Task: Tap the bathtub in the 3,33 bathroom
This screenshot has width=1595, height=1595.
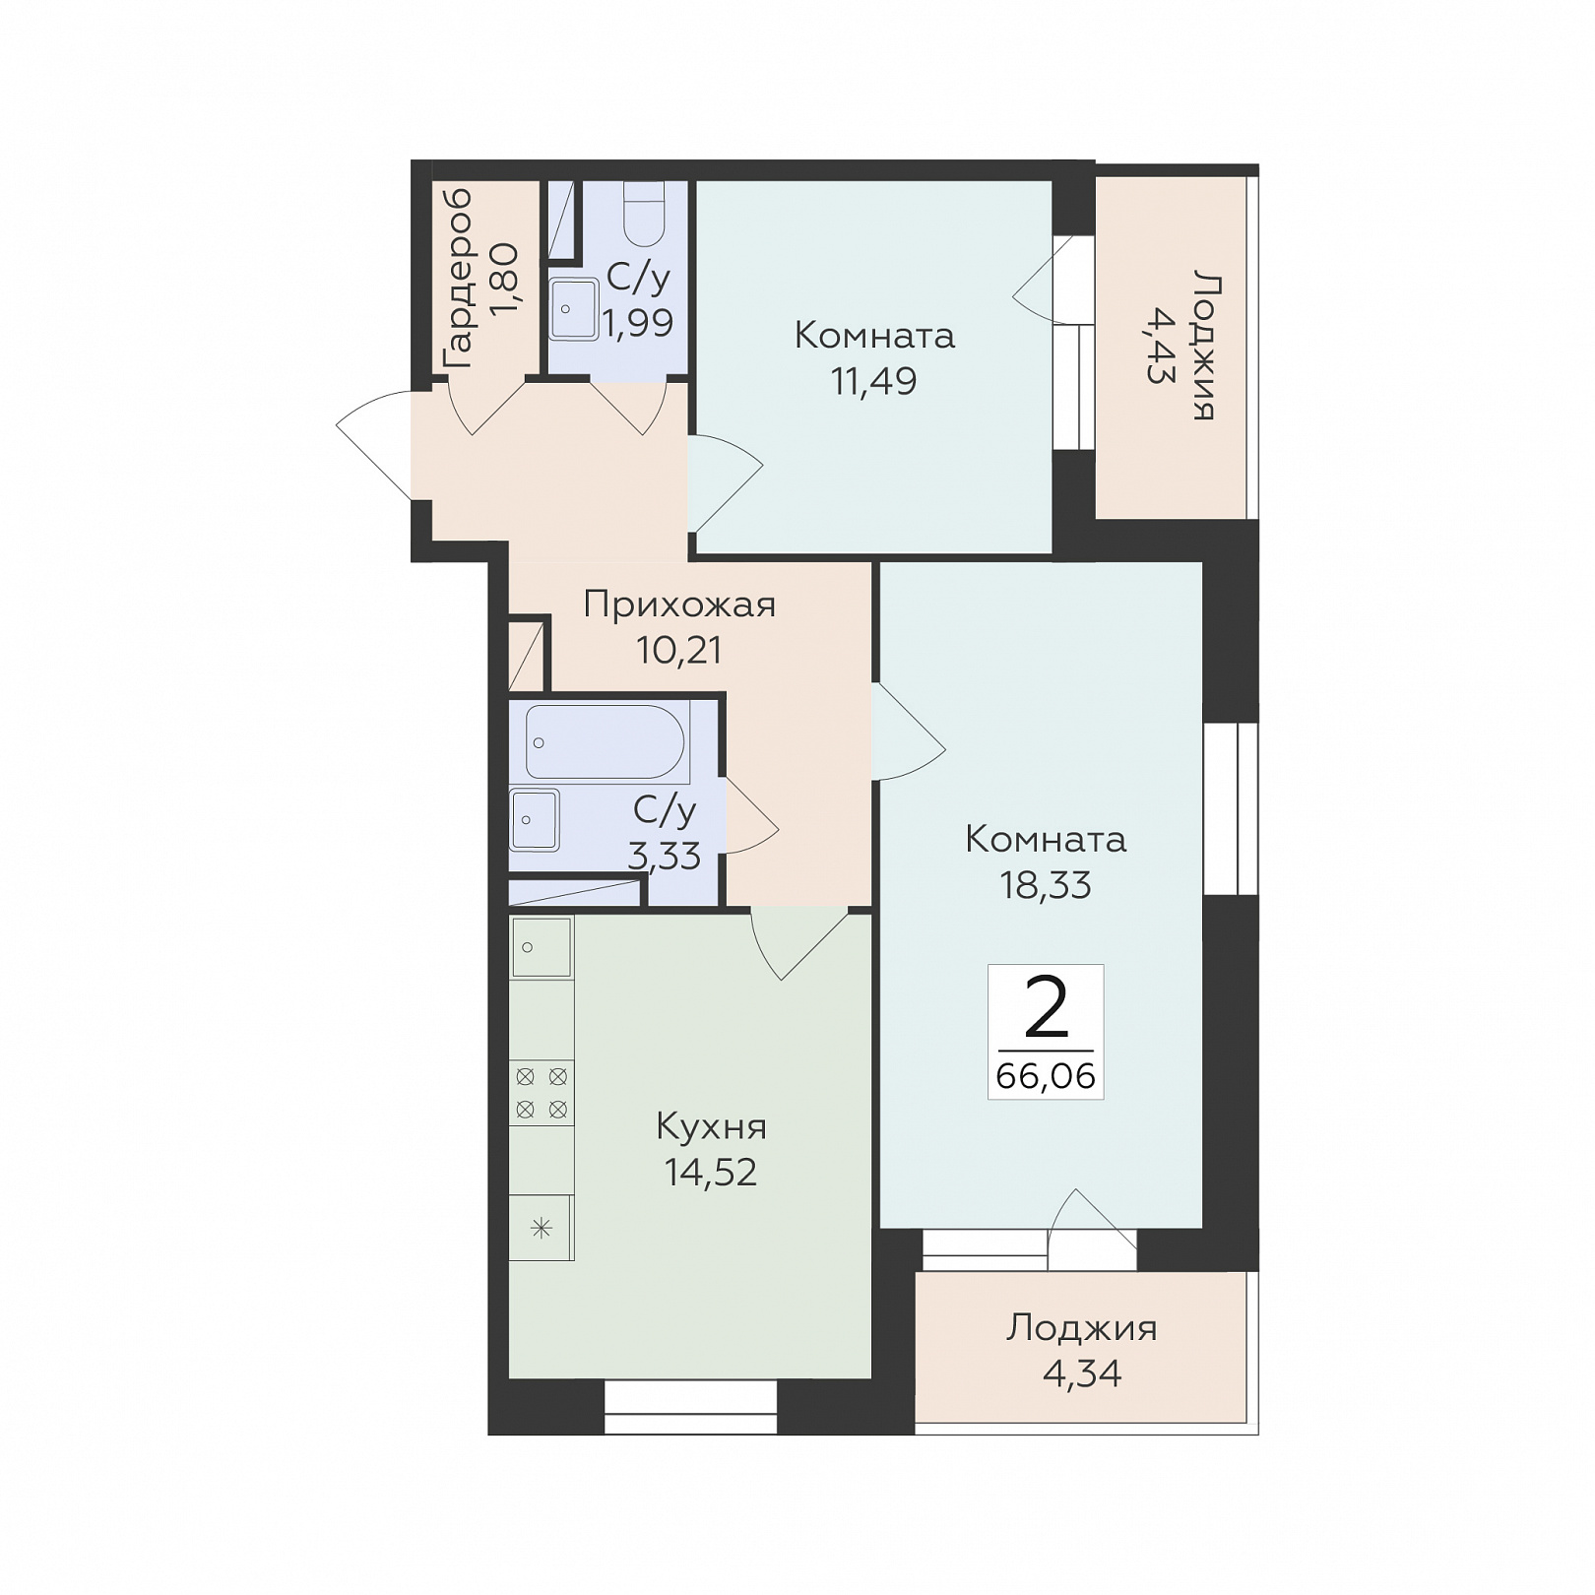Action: point(606,741)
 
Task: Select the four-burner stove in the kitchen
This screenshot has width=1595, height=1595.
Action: point(542,1093)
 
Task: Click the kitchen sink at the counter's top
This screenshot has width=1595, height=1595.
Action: point(542,946)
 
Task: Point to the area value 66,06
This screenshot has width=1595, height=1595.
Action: point(1046,1076)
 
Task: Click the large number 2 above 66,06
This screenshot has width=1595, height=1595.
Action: point(1046,1009)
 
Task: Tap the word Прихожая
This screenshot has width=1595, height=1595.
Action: point(679,605)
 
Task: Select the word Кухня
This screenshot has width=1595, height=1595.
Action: point(711,1126)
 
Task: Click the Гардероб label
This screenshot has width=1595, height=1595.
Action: point(458,280)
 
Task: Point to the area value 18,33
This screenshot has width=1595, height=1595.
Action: point(1046,886)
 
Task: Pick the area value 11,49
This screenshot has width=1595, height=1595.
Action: point(874,381)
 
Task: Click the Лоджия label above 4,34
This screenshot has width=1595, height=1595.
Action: point(1081,1329)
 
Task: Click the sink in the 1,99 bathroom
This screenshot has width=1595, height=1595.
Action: point(573,308)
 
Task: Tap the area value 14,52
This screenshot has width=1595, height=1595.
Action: point(711,1173)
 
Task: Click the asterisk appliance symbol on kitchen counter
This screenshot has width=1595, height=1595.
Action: point(542,1228)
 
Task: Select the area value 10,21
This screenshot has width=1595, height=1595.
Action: point(679,651)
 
